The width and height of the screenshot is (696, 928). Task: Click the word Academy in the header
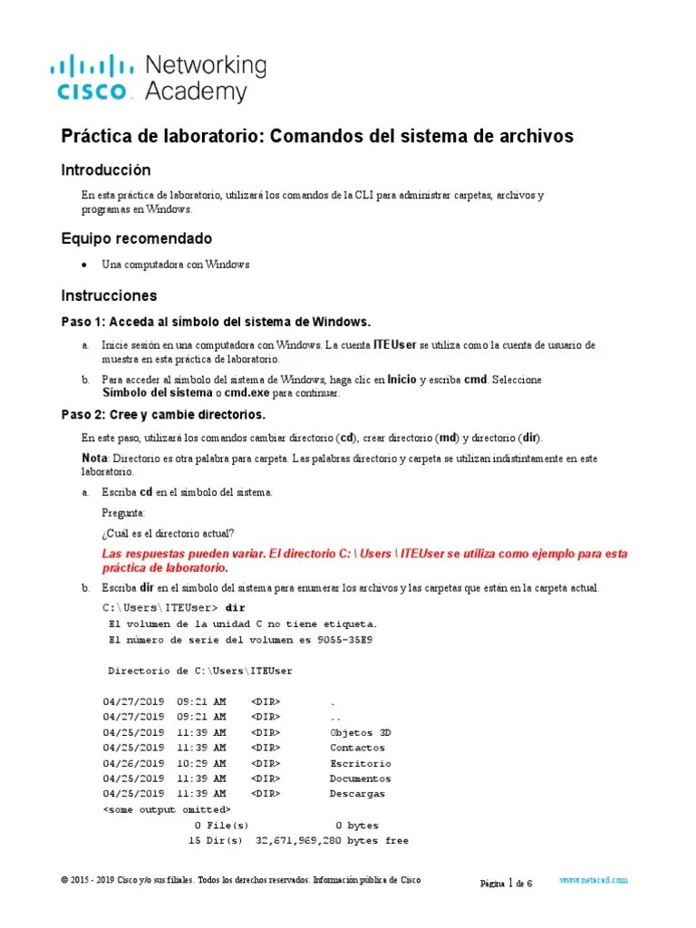pyautogui.click(x=196, y=91)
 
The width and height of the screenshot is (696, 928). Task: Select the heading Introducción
pyautogui.click(x=106, y=170)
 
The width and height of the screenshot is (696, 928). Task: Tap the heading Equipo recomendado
pyautogui.click(x=136, y=238)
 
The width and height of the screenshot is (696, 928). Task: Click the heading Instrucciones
pyautogui.click(x=109, y=295)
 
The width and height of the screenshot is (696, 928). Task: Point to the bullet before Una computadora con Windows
pyautogui.click(x=84, y=265)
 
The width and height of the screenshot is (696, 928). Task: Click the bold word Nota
pyautogui.click(x=94, y=459)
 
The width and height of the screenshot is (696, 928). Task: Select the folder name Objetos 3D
pyautogui.click(x=361, y=732)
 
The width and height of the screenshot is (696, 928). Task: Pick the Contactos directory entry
pyautogui.click(x=357, y=748)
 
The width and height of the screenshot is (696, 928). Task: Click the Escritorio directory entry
pyautogui.click(x=361, y=763)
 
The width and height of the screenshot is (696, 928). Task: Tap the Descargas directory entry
pyautogui.click(x=357, y=794)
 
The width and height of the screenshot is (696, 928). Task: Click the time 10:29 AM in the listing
pyautogui.click(x=201, y=763)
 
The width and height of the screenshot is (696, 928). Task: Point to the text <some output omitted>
pyautogui.click(x=168, y=808)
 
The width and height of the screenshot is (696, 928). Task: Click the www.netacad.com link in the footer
pyautogui.click(x=594, y=880)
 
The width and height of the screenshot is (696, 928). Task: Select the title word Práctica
pyautogui.click(x=95, y=136)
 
